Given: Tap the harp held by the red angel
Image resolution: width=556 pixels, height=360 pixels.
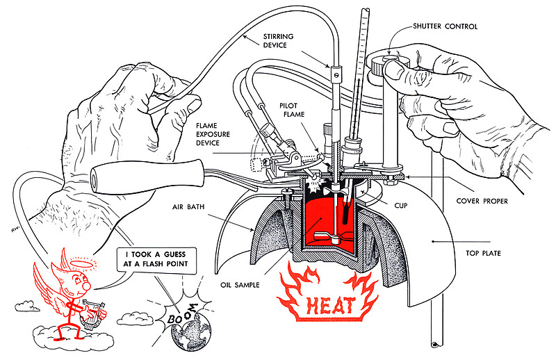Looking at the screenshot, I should (x=91, y=315).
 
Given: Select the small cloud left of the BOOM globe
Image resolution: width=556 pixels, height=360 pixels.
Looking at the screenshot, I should (x=132, y=318).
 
